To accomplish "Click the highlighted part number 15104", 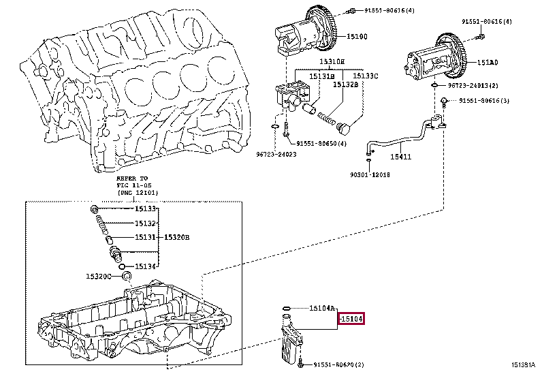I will click(351, 318).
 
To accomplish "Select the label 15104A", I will click(323, 308).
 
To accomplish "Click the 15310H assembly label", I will click(332, 62).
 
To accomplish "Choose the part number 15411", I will click(402, 156).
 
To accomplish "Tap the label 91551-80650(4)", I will click(321, 143).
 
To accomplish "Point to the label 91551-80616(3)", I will click(483, 101).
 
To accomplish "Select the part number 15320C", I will click(99, 276).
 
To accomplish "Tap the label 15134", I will click(146, 266).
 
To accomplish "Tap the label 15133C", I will click(366, 76).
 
